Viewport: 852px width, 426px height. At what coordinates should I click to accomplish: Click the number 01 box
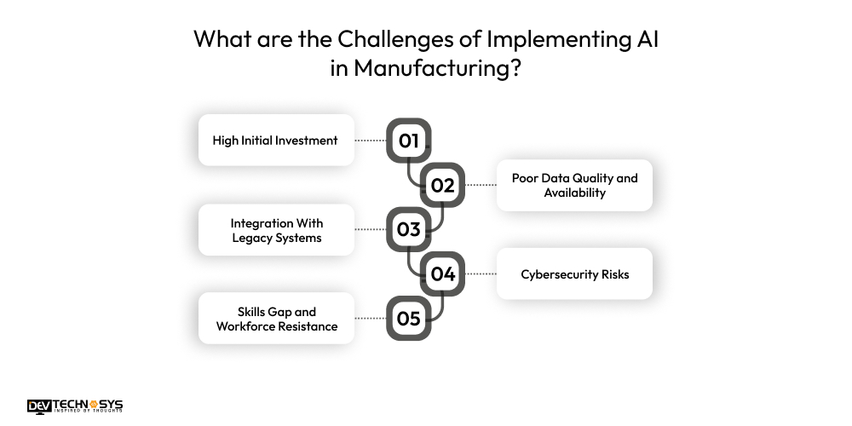tap(409, 141)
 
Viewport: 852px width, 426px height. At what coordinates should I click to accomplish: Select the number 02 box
tap(442, 185)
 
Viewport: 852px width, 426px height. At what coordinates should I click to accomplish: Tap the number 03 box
tap(409, 229)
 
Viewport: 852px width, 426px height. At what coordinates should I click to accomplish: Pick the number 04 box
tap(442, 274)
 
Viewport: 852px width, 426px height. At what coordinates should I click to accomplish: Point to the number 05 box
tap(409, 319)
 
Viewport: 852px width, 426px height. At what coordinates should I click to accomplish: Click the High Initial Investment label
tap(275, 141)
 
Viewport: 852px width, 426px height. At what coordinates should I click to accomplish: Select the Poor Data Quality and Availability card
tap(574, 185)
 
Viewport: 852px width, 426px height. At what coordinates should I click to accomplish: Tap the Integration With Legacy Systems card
tap(276, 230)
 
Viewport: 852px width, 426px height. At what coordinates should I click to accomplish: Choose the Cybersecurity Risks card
tap(574, 274)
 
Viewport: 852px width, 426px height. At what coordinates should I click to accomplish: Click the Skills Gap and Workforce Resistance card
tap(276, 319)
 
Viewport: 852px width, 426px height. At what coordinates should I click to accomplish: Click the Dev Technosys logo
tap(75, 406)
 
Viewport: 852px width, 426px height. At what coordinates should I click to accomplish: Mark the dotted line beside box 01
tap(371, 141)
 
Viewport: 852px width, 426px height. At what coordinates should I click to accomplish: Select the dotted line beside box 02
tap(481, 185)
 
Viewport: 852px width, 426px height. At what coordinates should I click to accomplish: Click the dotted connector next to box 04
tap(481, 274)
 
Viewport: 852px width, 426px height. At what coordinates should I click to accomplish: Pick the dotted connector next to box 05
tap(371, 319)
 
